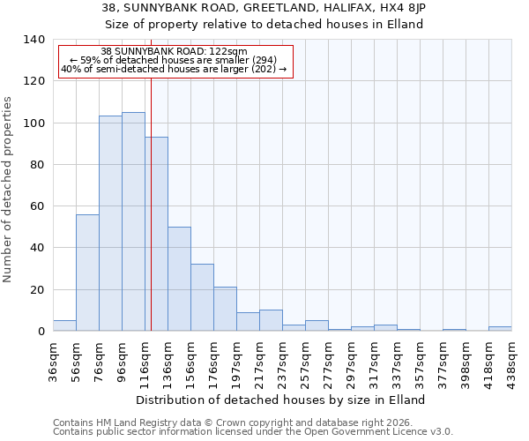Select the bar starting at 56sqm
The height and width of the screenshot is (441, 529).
coord(87,273)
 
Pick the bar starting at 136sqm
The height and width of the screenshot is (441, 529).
coord(179,279)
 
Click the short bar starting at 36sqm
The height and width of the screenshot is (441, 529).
coord(64,325)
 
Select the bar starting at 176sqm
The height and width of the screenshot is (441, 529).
coord(225,309)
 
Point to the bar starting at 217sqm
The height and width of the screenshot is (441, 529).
coord(271,320)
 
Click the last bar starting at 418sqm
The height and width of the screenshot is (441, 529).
coord(500,328)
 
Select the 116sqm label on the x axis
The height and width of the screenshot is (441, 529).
coord(145,359)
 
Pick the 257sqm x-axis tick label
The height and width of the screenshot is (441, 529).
coord(305,359)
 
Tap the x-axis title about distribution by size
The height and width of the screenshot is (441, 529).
coord(282,400)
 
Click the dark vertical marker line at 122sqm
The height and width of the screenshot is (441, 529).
coord(151,203)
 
